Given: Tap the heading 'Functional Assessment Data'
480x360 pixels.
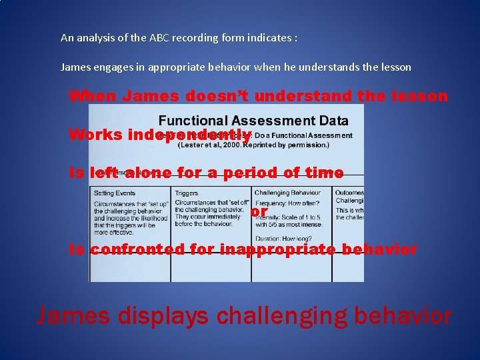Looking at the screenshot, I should pyautogui.click(x=253, y=121).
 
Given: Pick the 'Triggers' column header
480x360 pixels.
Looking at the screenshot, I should pyautogui.click(x=187, y=193).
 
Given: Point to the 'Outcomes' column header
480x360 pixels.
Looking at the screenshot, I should pyautogui.click(x=349, y=193).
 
